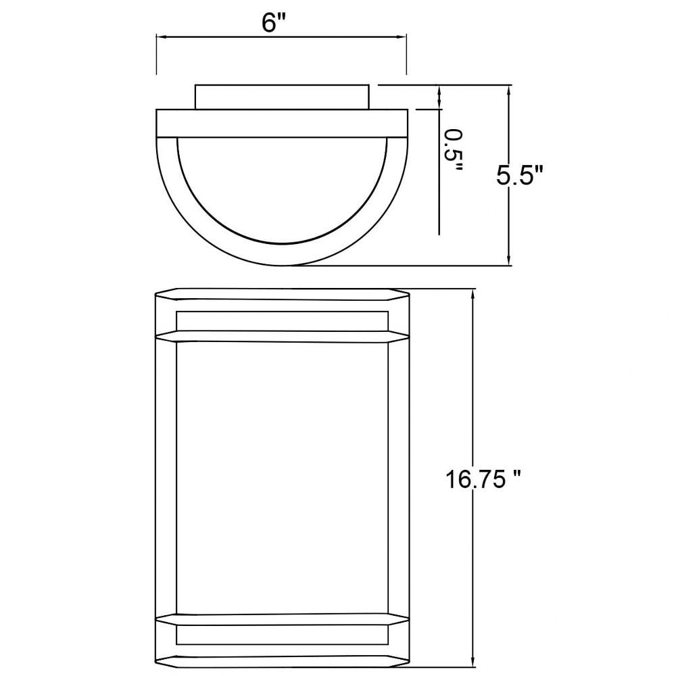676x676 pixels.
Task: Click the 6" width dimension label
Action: click(x=274, y=22)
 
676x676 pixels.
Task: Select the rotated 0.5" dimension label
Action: click(x=454, y=150)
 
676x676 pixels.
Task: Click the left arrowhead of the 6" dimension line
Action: click(x=162, y=37)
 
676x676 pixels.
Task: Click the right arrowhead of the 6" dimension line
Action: click(x=402, y=37)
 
